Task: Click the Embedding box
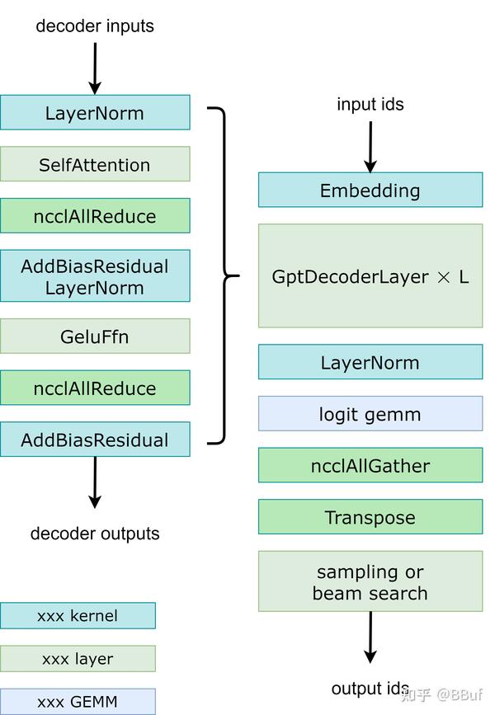coord(370,191)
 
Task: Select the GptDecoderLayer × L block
coord(370,275)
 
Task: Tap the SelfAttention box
coord(95,164)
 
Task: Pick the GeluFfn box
coord(95,336)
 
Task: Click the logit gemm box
coord(370,414)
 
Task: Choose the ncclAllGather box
coord(370,465)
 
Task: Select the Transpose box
coord(370,516)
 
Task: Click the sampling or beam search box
coord(370,581)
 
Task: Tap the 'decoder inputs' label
coord(95,26)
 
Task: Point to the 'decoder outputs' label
coord(95,534)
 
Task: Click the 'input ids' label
coord(370,105)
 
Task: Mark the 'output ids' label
coord(370,689)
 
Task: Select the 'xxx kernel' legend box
coord(78,615)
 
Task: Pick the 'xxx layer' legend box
coord(78,658)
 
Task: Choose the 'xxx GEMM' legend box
coord(78,701)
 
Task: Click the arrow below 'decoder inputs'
coord(95,68)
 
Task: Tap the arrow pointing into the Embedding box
coord(370,147)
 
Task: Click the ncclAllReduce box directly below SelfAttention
coord(95,216)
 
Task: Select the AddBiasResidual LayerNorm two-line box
coord(95,275)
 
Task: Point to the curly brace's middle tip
coord(238,275)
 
